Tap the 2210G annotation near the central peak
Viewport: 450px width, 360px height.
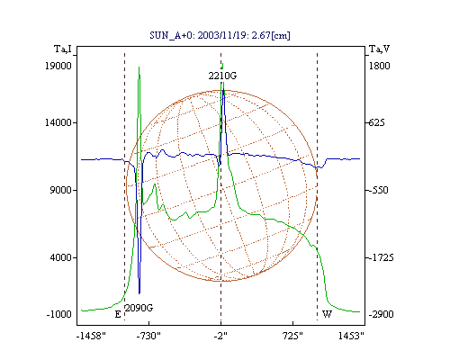222,76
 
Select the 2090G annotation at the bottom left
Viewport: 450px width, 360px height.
139,308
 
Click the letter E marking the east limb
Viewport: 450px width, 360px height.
118,314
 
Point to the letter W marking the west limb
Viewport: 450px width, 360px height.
327,314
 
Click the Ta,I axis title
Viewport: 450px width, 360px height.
63,49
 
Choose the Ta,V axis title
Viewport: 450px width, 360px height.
379,49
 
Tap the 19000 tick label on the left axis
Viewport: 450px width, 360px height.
58,66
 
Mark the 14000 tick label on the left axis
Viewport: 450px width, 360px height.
58,122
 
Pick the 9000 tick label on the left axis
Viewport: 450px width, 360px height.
61,190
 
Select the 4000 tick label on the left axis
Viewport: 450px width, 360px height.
61,257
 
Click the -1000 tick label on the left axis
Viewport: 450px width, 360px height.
59,314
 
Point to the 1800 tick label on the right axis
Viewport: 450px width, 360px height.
379,66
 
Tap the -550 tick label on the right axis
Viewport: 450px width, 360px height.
378,190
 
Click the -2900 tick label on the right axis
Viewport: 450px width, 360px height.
381,314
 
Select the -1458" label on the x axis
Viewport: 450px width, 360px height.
91,336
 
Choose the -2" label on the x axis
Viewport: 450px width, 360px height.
220,336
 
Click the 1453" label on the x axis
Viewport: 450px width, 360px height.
351,336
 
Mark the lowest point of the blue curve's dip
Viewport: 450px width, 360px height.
139,293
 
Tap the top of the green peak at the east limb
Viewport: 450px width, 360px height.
139,67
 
